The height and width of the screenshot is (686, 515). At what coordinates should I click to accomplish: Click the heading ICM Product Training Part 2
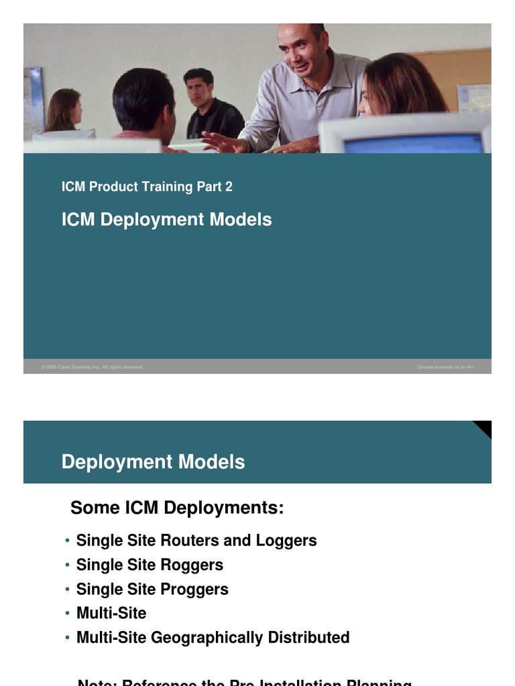tap(147, 187)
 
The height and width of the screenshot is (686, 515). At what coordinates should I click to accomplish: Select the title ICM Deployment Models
tap(166, 220)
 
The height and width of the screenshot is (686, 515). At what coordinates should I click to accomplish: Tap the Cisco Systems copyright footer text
tap(92, 367)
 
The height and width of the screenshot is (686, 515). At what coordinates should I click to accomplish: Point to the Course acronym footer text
tap(446, 367)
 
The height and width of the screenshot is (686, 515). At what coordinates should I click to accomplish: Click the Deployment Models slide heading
tap(153, 462)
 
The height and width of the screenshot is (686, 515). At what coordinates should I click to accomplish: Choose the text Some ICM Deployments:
tap(177, 508)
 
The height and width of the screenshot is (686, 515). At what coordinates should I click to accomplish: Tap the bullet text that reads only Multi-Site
tap(111, 614)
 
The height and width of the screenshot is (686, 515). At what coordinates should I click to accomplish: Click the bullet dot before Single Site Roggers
tap(68, 565)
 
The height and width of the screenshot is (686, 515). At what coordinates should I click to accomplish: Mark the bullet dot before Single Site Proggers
tap(68, 590)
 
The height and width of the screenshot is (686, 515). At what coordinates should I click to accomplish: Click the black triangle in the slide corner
tap(484, 427)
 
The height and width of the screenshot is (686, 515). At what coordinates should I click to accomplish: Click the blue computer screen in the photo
tap(413, 143)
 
